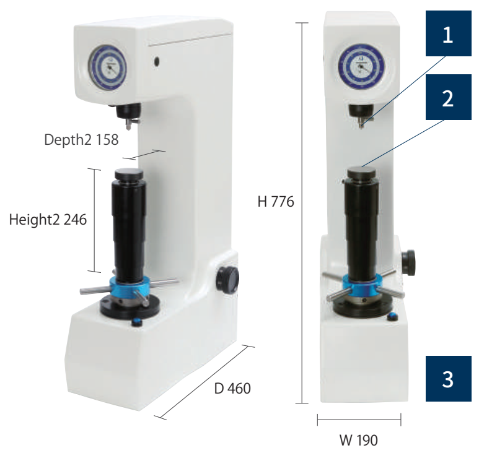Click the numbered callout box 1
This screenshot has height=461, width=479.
click(x=448, y=33)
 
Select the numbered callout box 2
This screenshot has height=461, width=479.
click(x=448, y=97)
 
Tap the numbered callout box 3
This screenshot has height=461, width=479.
click(x=448, y=378)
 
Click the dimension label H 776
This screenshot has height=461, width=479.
click(x=276, y=202)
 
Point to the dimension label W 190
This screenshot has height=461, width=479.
click(x=359, y=440)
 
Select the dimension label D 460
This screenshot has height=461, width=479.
click(x=232, y=389)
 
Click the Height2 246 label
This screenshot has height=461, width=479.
click(x=48, y=220)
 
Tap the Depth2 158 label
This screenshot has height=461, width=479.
click(x=81, y=140)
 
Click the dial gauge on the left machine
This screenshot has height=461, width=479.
click(x=107, y=67)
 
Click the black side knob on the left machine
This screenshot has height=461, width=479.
click(x=227, y=280)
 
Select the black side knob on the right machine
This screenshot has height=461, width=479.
click(x=408, y=262)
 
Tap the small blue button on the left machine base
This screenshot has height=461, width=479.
click(x=137, y=322)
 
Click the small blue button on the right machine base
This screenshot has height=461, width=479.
click(x=392, y=317)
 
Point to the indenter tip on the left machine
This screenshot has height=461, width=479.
click(x=129, y=127)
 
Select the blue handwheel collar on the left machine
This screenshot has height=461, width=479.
click(x=130, y=287)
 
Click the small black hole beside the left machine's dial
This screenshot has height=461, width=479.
click(x=157, y=61)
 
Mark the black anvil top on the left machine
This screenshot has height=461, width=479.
click(x=129, y=174)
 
